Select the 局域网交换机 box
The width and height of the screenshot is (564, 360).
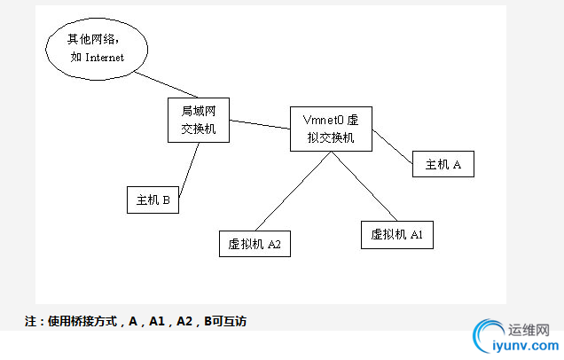tap(199, 120)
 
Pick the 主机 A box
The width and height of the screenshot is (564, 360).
tap(443, 164)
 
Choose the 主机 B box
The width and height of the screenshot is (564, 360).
tap(153, 200)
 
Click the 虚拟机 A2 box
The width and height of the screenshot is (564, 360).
tap(255, 243)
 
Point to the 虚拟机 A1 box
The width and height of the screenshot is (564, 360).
tap(397, 234)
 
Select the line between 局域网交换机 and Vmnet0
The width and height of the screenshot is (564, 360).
tap(259, 124)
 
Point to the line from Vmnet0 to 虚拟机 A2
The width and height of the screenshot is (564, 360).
tap(293, 191)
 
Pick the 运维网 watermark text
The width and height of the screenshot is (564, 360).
tap(530, 328)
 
